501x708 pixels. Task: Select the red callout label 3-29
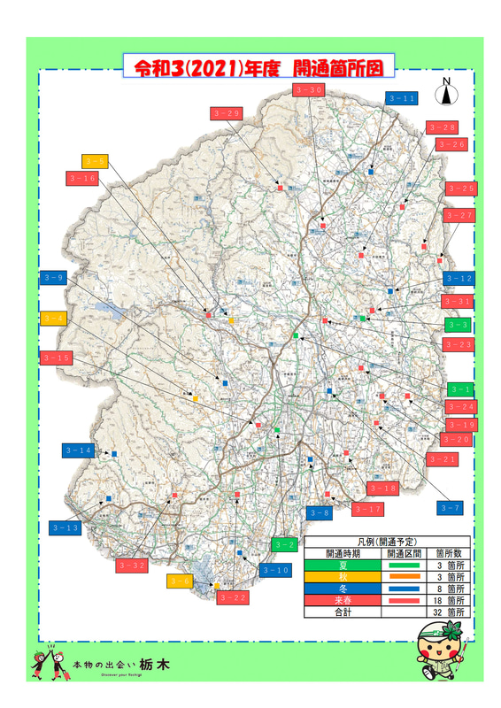point(227,113)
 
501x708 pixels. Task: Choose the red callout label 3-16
point(82,179)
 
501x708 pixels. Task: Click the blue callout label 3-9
point(54,278)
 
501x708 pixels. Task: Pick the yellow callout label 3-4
point(54,317)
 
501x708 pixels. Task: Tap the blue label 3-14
point(78,450)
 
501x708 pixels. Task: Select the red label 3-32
point(132,565)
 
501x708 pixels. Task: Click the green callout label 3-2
point(283,544)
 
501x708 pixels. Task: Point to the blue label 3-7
point(451,507)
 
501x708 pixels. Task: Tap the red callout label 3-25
point(461,188)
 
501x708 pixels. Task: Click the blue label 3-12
point(460,279)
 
